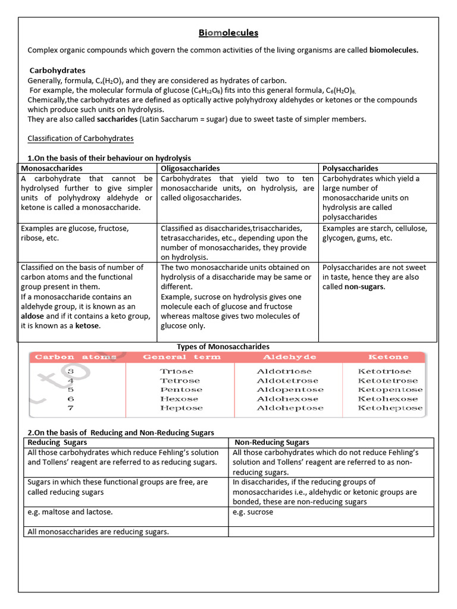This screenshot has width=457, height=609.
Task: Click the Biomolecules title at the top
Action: click(x=228, y=33)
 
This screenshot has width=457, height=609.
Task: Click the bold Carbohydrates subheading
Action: click(x=58, y=70)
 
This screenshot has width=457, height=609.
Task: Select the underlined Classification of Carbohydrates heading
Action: click(x=80, y=139)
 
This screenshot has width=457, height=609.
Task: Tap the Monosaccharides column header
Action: click(x=52, y=168)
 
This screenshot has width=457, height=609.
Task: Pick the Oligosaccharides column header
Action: click(x=190, y=168)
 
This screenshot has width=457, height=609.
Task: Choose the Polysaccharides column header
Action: click(x=350, y=168)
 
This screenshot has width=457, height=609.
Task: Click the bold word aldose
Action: click(x=32, y=316)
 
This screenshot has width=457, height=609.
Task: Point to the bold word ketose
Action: click(x=87, y=326)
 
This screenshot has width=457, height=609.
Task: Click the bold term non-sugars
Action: click(x=365, y=287)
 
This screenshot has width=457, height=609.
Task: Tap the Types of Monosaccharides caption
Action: click(x=223, y=346)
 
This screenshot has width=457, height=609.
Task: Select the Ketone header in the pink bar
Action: click(x=389, y=357)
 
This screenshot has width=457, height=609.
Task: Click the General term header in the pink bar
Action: click(x=181, y=357)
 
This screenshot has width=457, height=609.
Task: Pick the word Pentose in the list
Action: click(x=181, y=390)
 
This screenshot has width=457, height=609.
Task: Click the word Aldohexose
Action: click(x=287, y=399)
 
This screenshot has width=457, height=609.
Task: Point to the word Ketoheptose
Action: click(x=390, y=408)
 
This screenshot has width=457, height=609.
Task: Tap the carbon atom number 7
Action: click(x=71, y=408)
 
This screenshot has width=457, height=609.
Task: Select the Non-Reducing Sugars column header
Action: click(x=272, y=442)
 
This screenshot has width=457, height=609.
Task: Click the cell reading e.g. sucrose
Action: click(x=253, y=512)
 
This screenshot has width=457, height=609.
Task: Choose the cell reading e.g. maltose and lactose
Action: click(x=70, y=512)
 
